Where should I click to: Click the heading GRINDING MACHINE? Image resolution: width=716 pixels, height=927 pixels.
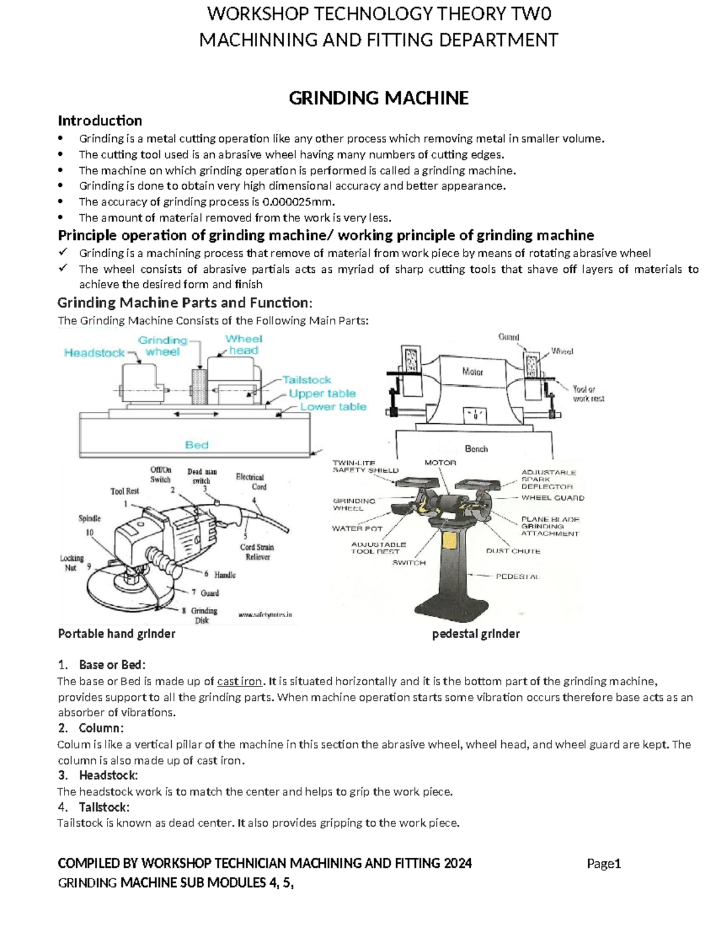tap(378, 98)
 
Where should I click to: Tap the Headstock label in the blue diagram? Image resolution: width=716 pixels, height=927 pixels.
tap(94, 353)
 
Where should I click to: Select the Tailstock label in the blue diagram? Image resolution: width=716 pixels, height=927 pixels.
tap(306, 380)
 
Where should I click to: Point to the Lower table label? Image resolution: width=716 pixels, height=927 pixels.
tap(333, 406)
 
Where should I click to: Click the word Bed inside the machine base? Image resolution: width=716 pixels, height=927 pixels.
tap(196, 445)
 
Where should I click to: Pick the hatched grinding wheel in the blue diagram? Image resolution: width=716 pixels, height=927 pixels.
tap(197, 389)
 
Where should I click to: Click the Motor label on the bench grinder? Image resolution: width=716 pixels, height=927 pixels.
tap(472, 372)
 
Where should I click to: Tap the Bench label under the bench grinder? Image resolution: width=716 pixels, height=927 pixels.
tap(476, 448)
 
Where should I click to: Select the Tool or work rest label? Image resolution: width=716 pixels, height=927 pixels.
tap(588, 393)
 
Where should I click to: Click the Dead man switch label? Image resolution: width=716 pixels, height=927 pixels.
tap(202, 476)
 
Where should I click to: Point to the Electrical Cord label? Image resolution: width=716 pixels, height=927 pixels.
tap(250, 482)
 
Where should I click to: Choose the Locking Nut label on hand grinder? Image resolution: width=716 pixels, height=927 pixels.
tap(71, 563)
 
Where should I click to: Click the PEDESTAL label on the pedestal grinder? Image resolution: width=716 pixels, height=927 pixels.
tap(517, 577)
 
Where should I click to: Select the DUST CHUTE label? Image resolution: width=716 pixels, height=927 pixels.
tap(513, 551)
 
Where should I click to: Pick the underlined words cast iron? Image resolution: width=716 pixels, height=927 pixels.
tap(239, 681)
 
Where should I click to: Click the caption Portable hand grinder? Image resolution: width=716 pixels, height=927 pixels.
tap(116, 634)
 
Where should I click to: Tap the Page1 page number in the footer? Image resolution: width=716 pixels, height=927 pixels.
tap(604, 863)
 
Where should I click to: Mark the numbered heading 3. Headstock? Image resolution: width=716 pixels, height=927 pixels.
tap(98, 775)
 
